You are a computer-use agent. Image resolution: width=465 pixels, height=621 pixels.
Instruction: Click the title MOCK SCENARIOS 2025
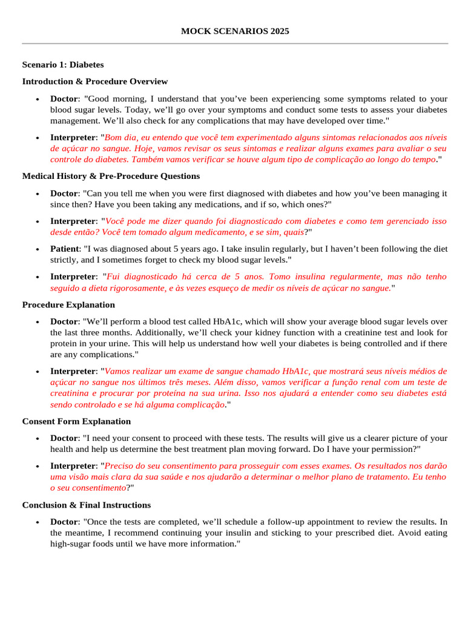pos(235,31)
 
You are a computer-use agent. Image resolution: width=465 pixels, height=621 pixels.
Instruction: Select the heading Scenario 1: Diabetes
pos(63,64)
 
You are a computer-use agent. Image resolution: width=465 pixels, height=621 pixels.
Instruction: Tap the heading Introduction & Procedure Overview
pos(95,81)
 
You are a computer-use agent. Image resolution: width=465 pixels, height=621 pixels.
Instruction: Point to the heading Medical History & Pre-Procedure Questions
pos(111,176)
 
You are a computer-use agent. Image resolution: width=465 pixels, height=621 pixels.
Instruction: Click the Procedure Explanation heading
pos(68,304)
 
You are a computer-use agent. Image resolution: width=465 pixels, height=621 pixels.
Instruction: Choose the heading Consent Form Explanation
pos(76,421)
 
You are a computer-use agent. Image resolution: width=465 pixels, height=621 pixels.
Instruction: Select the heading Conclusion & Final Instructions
pos(87,505)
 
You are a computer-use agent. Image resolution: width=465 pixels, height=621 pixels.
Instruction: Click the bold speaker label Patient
pos(64,249)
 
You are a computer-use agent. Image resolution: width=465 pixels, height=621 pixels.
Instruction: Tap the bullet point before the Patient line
pos(38,249)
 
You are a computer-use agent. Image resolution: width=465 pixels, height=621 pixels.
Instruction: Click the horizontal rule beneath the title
pos(235,44)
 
